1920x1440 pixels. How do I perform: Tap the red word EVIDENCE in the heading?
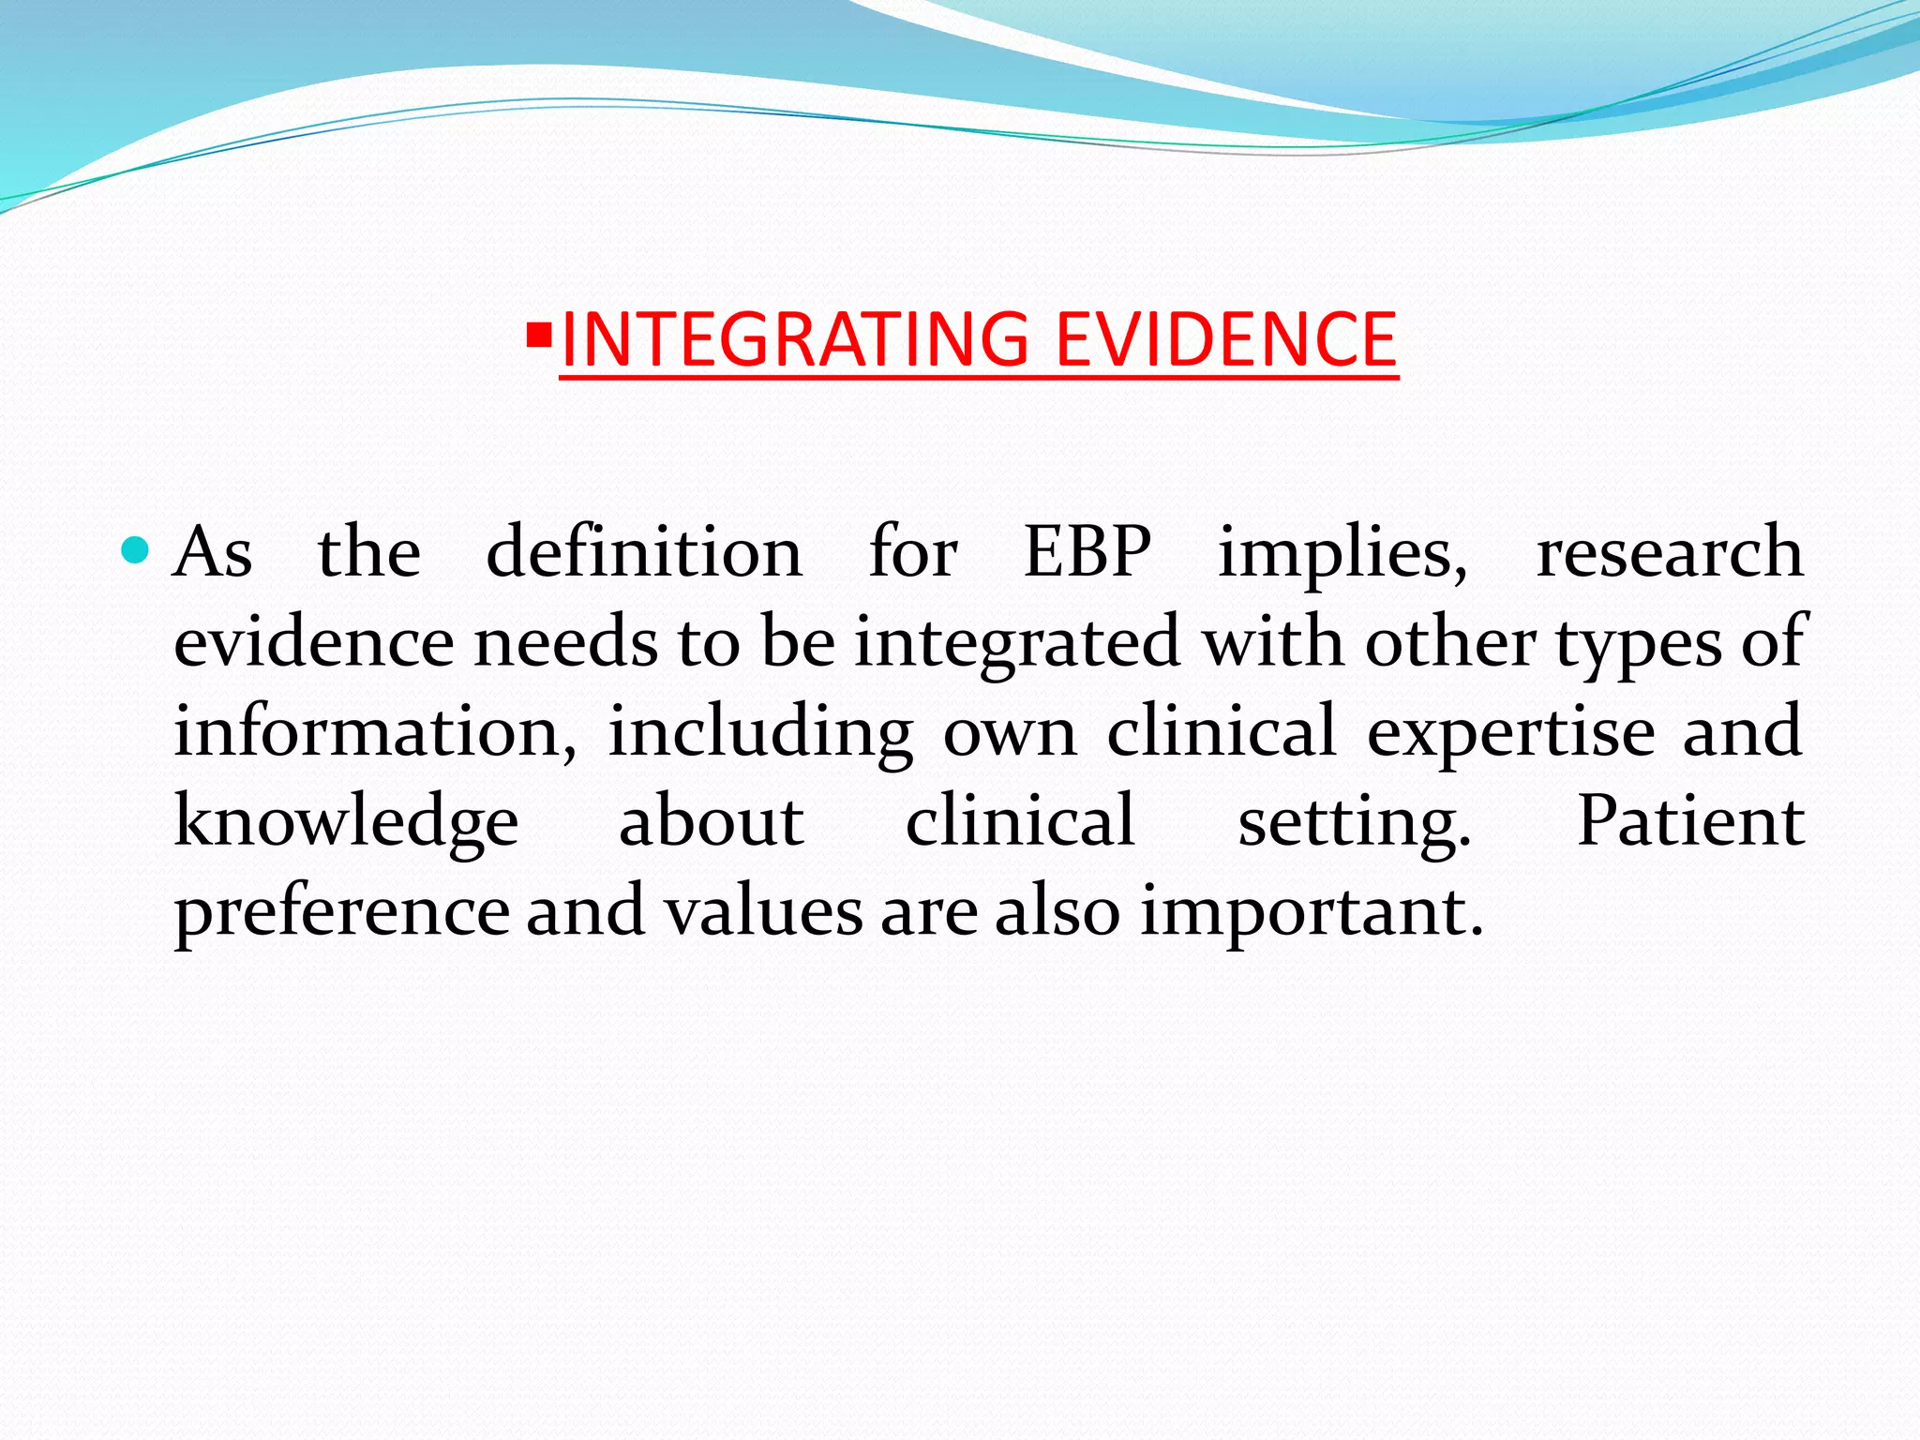tap(1226, 339)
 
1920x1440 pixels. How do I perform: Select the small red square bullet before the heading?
tap(539, 334)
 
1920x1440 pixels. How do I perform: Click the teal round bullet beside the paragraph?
tap(136, 550)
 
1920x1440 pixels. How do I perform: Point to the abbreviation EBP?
tap(1087, 551)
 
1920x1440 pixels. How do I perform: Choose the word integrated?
tap(1017, 643)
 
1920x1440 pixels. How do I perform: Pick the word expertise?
tap(1510, 733)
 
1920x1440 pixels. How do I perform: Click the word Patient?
tap(1690, 821)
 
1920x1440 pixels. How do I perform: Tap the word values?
tap(763, 911)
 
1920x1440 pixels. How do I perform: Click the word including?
tap(760, 733)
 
